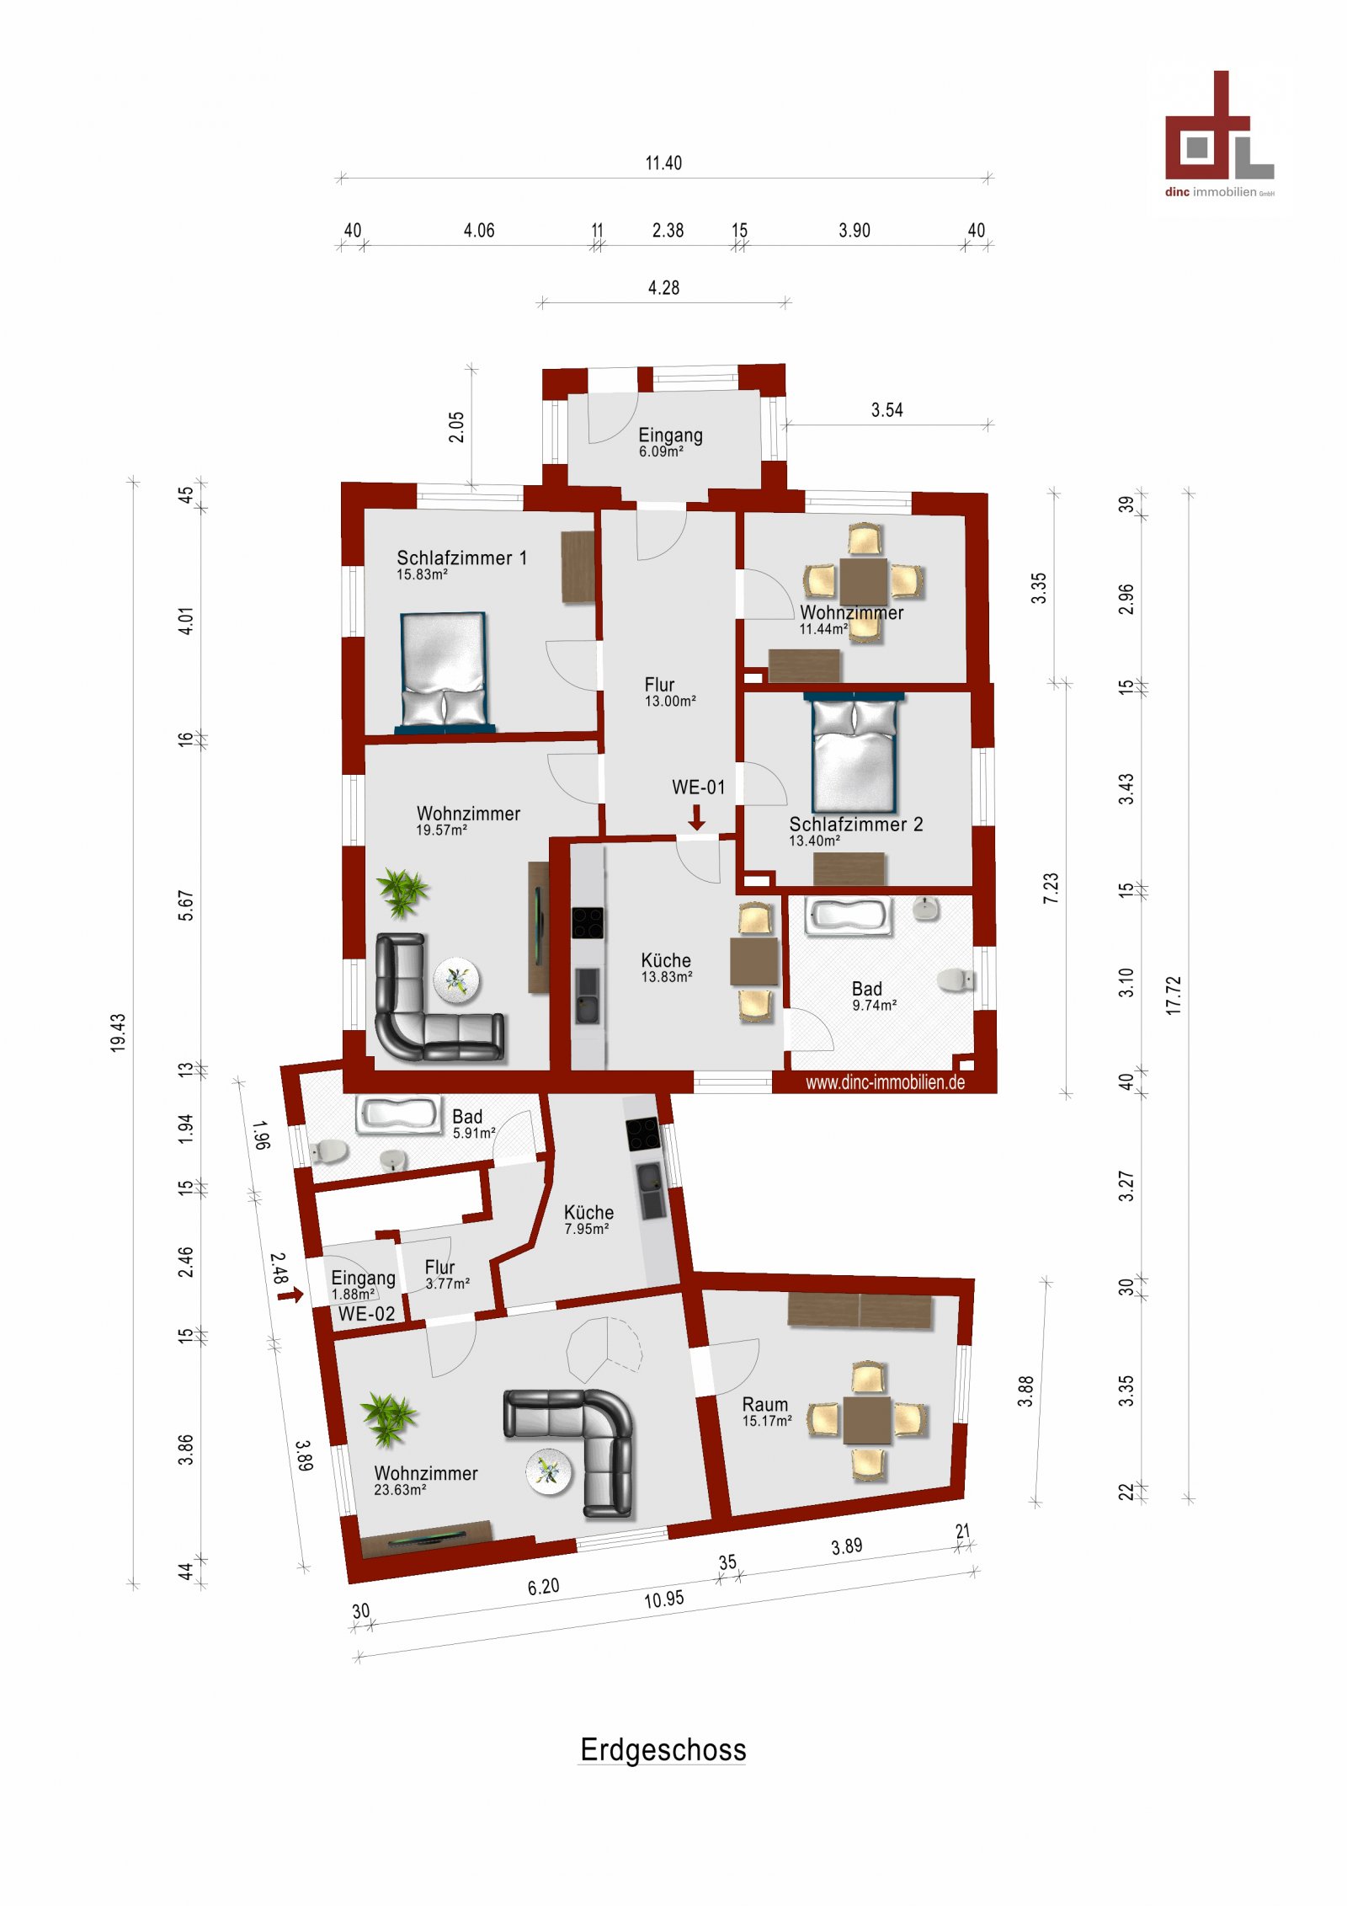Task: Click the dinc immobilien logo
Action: pos(1219,135)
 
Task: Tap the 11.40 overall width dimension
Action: pos(663,163)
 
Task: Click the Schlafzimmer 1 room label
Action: pos(461,558)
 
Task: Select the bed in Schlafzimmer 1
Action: pos(445,670)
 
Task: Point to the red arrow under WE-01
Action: pos(696,817)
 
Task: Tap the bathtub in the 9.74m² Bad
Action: pos(848,916)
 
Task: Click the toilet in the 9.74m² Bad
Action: pos(956,980)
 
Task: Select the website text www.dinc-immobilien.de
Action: pos(885,1082)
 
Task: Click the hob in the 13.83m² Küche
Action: pos(588,922)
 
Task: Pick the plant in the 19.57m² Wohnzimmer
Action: pos(402,891)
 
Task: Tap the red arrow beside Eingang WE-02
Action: pos(290,1295)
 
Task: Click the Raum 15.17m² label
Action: pos(765,1411)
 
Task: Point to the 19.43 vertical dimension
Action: pos(118,1032)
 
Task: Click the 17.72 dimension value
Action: pos(1174,995)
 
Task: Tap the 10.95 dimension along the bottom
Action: pos(663,1599)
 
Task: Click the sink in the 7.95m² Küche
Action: pos(651,1189)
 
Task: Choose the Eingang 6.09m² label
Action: pos(669,442)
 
